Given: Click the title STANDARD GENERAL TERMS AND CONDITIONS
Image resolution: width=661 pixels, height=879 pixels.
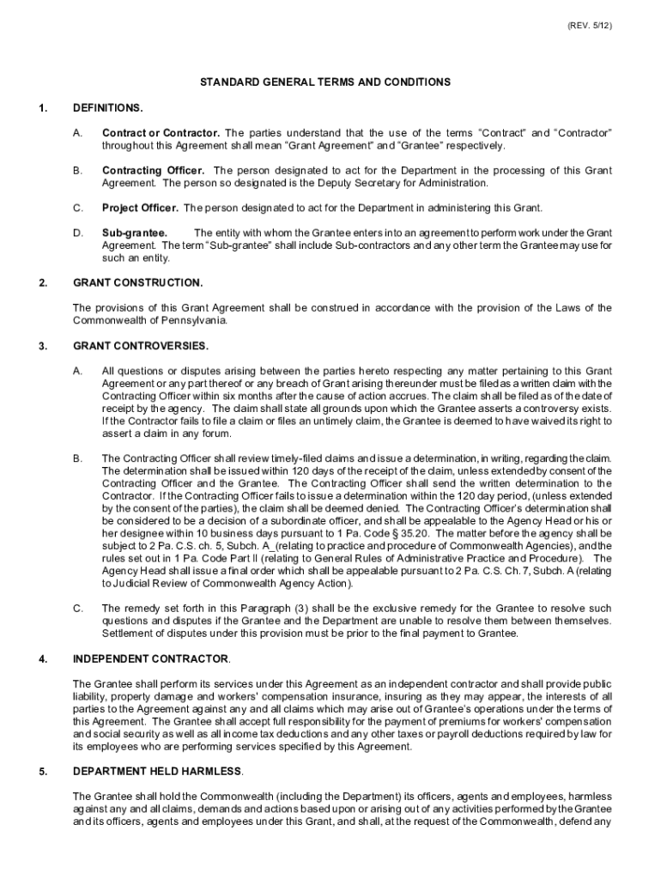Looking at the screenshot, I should [325, 82].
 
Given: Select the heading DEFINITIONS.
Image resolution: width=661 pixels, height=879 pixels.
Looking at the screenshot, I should [108, 108].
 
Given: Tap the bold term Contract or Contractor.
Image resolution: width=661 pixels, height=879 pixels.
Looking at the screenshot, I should [161, 134].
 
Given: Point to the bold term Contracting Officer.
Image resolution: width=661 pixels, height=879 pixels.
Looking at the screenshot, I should [153, 171].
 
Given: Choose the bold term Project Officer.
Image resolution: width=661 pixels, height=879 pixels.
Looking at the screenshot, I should [140, 208].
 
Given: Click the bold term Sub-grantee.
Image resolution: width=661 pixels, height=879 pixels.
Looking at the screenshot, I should [135, 233].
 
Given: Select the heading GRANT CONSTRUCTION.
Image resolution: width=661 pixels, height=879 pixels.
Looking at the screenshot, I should [138, 282].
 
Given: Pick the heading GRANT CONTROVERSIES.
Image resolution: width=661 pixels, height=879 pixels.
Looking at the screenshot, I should [141, 345].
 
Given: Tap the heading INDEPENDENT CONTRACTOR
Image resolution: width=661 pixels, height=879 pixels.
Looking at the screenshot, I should [151, 658].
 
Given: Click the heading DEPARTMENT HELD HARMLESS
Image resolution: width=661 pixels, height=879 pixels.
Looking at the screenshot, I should [158, 770].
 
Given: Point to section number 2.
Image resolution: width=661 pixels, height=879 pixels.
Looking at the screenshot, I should [42, 282].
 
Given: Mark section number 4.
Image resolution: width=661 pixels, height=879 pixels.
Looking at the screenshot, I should [42, 658].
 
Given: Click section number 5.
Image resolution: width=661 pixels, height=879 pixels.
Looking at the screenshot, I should [42, 770].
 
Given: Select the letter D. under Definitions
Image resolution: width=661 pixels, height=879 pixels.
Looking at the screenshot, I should [78, 233].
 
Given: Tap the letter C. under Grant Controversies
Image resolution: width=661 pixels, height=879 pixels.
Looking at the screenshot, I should [78, 608].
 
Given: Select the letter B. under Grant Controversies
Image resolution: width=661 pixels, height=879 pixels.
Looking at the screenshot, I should [78, 458].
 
